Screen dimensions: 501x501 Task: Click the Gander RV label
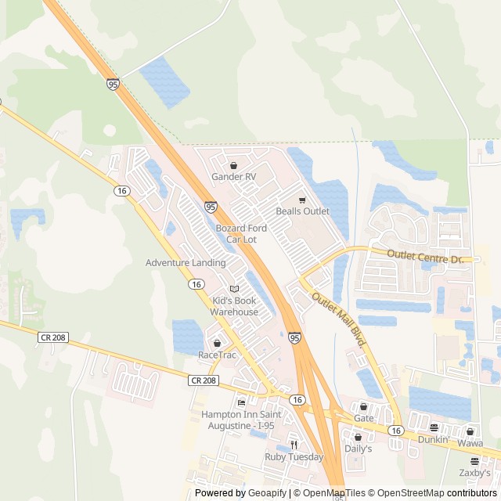tap(233, 177)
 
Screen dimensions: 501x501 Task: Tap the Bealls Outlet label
tap(302, 211)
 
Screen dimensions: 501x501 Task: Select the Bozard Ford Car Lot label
tap(241, 233)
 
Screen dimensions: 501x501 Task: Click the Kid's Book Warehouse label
tap(233, 306)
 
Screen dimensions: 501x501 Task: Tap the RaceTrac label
tap(217, 355)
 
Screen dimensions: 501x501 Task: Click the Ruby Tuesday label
tap(294, 457)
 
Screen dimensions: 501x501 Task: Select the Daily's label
tap(358, 449)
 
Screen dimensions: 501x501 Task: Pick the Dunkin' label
tap(433, 440)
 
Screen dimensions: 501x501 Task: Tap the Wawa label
tap(470, 443)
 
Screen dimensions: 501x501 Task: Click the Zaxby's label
tap(475, 473)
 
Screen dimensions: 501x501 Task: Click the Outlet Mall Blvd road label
tap(339, 319)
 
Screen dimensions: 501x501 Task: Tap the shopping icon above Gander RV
tap(234, 166)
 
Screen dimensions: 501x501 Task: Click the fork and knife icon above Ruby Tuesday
tap(294, 445)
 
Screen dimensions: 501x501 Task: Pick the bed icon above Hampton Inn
tap(241, 403)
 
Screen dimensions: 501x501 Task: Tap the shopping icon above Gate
tap(363, 406)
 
